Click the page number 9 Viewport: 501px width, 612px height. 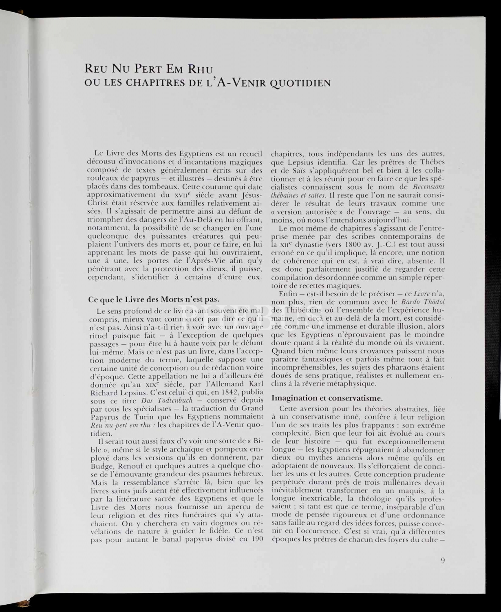click(443, 560)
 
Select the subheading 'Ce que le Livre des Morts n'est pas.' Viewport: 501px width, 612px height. click(154, 299)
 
